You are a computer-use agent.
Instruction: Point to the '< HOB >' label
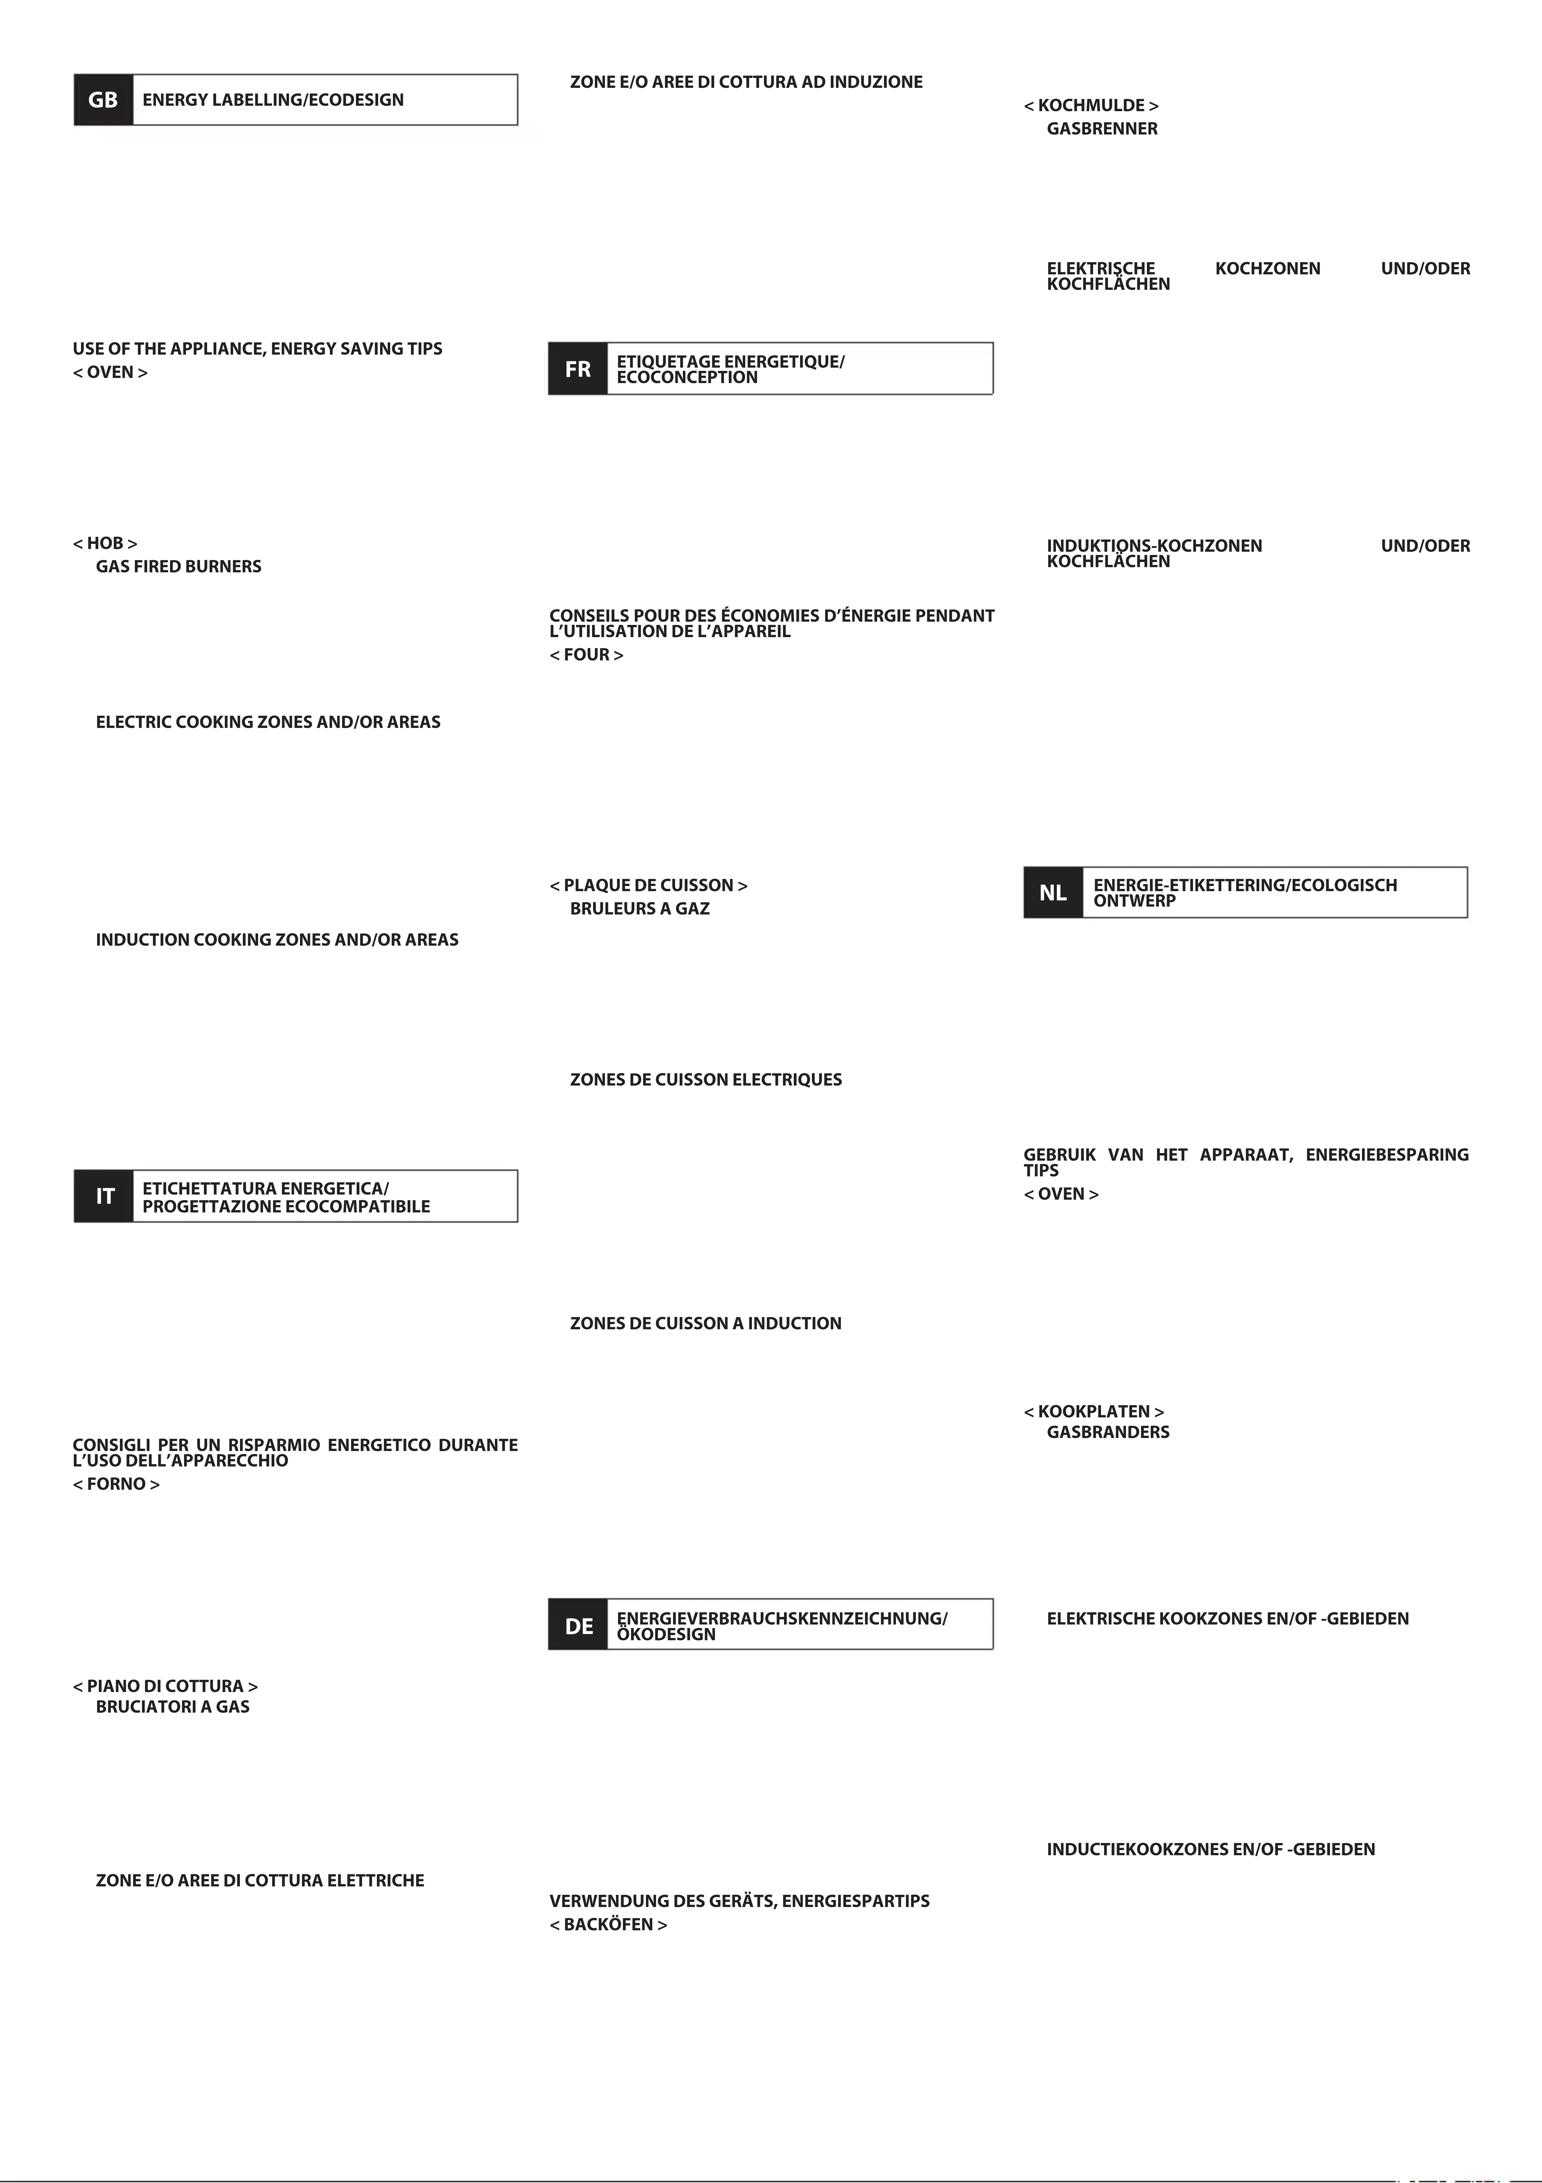point(105,543)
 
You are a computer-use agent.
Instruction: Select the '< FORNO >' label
point(116,1484)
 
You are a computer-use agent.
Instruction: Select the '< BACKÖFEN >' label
point(608,1924)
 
